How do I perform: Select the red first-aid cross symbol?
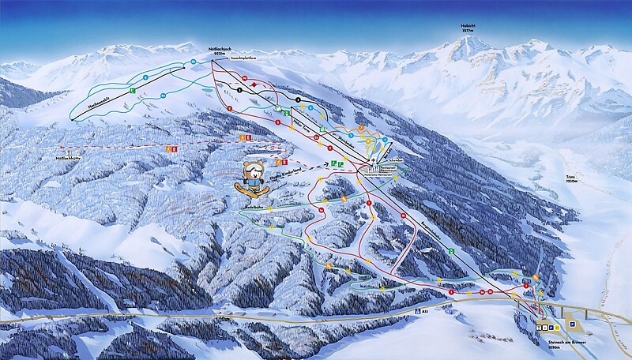point(369,159)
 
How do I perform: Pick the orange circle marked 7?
point(359,126)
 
